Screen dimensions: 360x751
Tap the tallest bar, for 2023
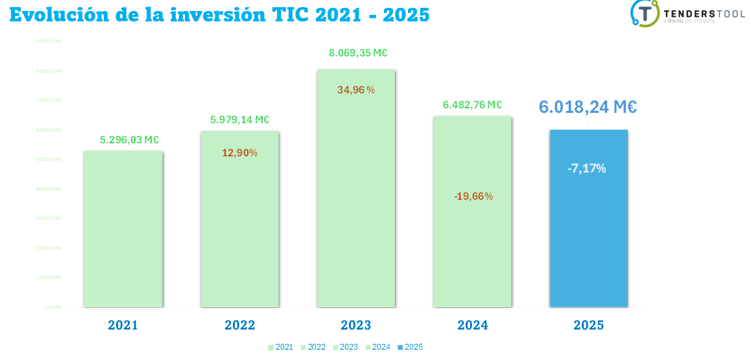pos(356,195)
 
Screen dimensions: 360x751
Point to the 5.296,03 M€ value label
pos(130,139)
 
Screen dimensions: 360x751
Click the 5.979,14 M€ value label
pos(239,119)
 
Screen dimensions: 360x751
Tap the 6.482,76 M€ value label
pos(473,104)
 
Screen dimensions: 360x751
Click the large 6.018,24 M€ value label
pos(588,107)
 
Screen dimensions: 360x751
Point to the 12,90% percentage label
pos(240,153)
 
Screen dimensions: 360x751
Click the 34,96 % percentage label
pos(356,90)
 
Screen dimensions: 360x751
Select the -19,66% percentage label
pos(473,196)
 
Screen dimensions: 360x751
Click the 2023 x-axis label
pos(356,325)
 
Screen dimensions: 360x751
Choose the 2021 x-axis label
pos(123,325)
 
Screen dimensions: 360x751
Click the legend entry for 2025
pos(410,347)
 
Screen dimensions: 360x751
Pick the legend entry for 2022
pos(313,347)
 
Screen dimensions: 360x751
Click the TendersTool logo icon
pos(645,13)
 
